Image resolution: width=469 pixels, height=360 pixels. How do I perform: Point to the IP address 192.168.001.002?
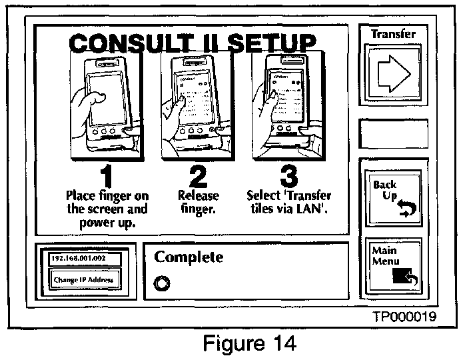pos(79,258)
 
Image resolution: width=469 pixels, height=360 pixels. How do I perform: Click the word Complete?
pos(189,257)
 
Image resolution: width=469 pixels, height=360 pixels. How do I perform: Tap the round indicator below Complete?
pos(161,282)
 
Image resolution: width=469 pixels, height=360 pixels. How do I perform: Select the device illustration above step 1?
pos(107,103)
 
